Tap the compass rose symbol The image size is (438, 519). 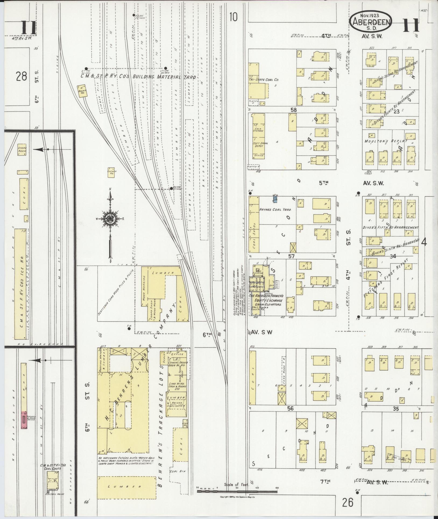click(110, 218)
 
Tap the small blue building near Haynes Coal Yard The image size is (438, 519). click(275, 199)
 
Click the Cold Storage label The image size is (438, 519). click(258, 129)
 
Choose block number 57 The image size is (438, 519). click(292, 256)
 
